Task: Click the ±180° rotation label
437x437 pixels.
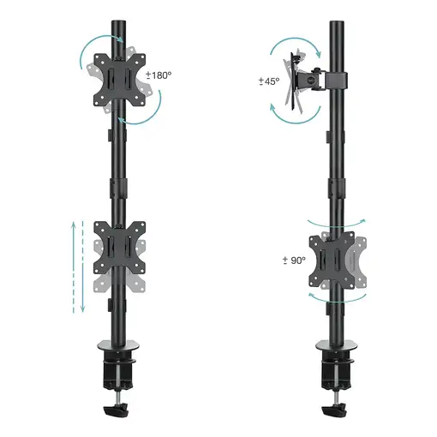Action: click(x=159, y=75)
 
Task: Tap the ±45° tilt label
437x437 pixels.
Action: click(x=268, y=82)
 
